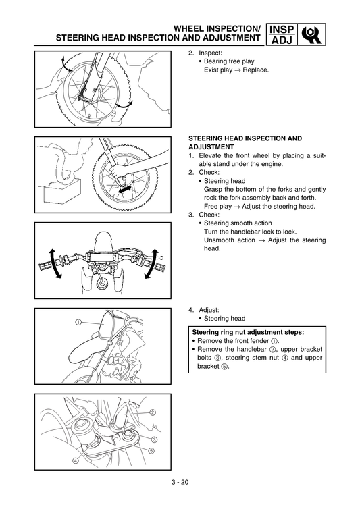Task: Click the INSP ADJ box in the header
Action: point(281,34)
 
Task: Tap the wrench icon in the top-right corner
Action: point(311,34)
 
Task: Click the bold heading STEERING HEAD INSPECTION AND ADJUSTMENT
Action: point(245,142)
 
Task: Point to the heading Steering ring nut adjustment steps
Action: point(248,332)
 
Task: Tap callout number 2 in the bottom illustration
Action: point(153,412)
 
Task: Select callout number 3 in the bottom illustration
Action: point(155,439)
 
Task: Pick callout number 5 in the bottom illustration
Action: point(151,450)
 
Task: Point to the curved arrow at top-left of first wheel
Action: point(63,63)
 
